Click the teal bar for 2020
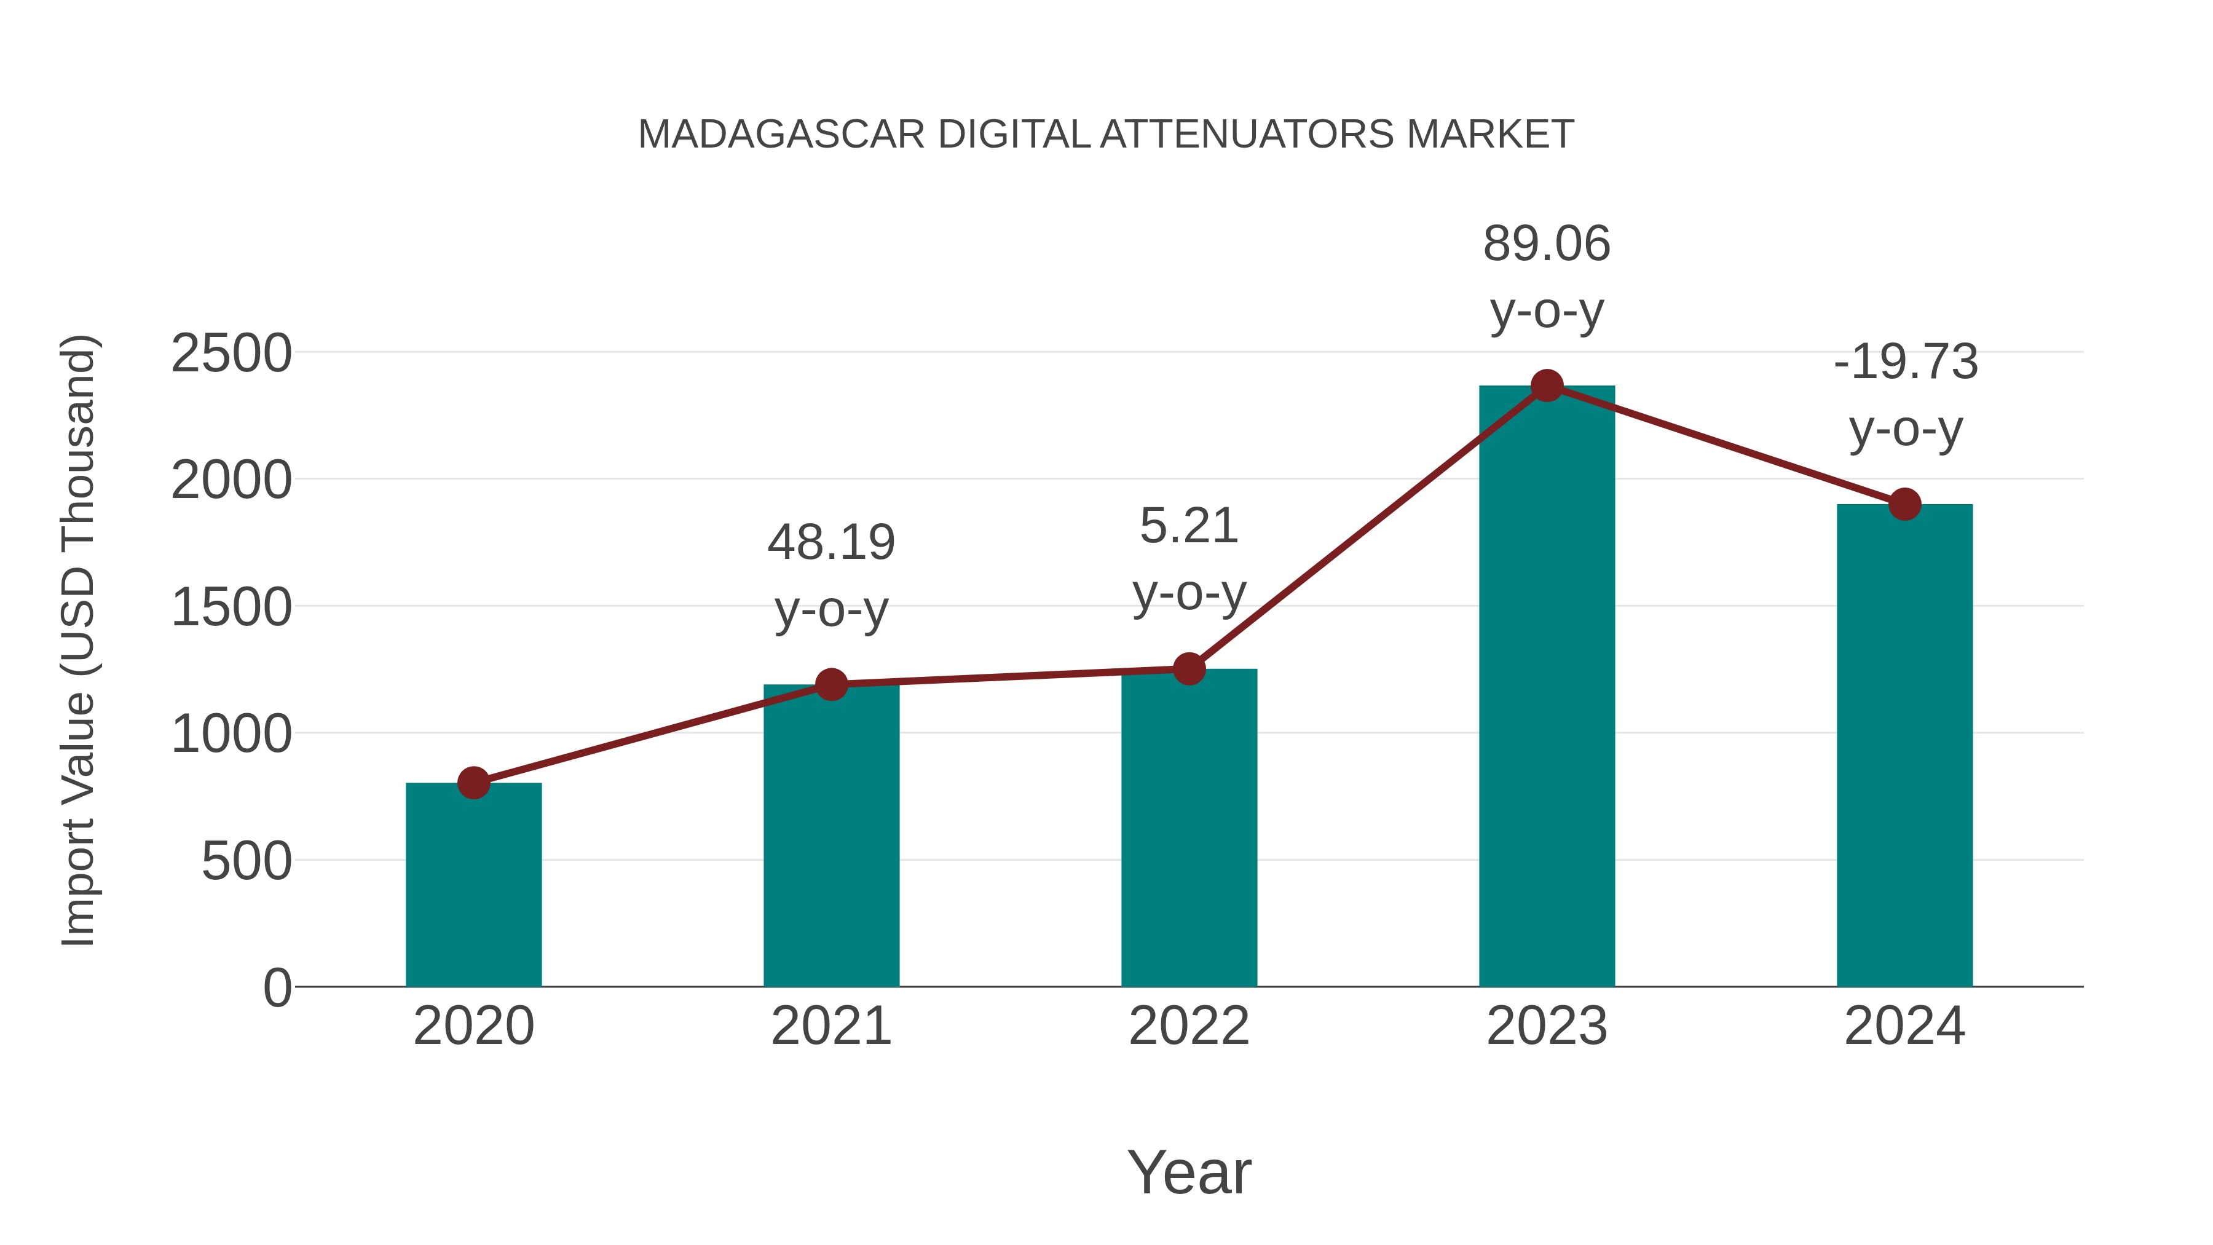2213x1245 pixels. pos(473,885)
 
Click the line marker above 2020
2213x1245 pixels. pos(473,783)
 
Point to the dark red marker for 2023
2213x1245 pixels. pos(1547,385)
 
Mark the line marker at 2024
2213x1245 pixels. pos(1904,504)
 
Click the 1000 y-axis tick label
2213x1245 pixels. pos(231,735)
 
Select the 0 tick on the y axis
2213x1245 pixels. pos(277,987)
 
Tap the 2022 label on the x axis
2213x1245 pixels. pos(1189,1026)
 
